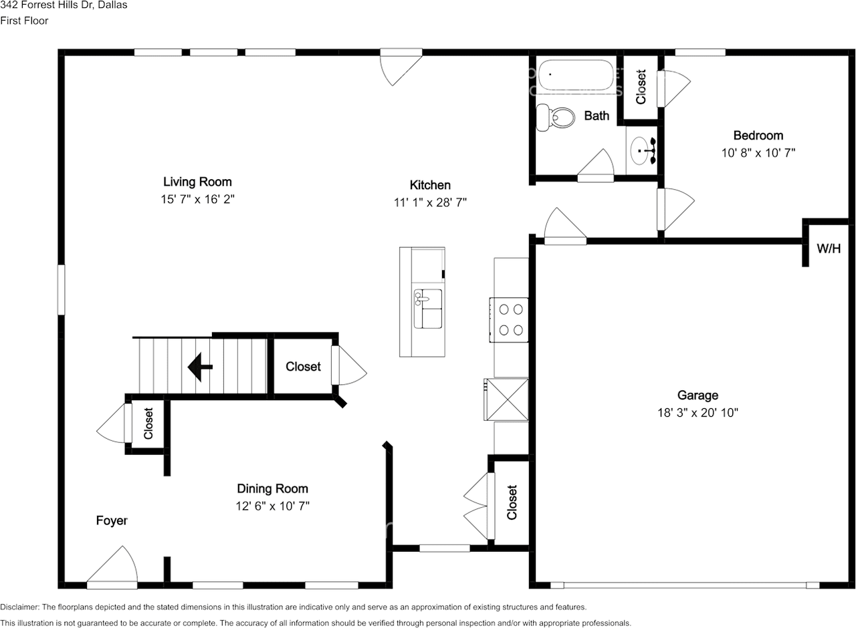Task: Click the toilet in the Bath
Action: click(555, 117)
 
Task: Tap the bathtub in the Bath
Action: click(576, 75)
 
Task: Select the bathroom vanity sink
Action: click(643, 151)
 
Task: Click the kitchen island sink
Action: click(428, 309)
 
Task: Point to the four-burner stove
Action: click(509, 320)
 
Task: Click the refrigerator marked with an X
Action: click(507, 400)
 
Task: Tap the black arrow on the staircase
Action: click(200, 367)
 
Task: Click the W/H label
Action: click(829, 249)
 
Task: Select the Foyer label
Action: click(112, 520)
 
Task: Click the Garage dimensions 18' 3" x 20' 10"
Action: click(698, 413)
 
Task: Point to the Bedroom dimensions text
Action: click(758, 153)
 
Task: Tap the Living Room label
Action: click(197, 182)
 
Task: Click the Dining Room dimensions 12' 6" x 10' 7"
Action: click(272, 506)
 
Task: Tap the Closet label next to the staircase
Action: click(303, 367)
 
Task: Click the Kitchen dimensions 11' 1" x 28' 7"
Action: click(430, 202)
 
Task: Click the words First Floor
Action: click(24, 21)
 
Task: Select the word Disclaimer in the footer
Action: click(19, 607)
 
